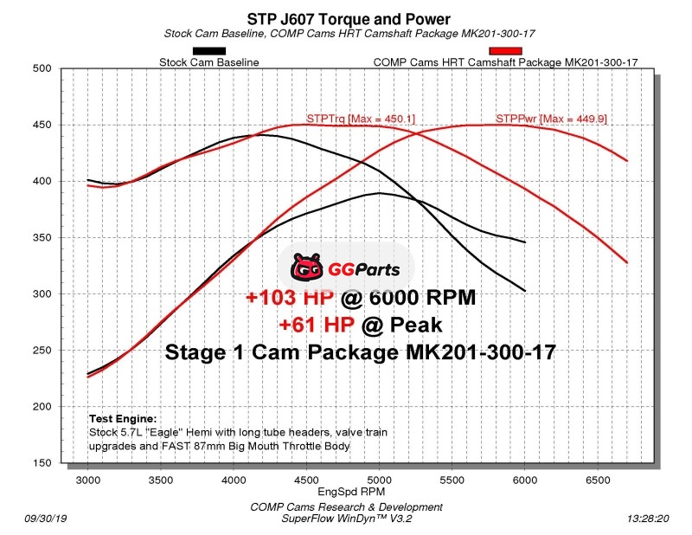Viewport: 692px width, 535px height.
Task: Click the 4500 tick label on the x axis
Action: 306,478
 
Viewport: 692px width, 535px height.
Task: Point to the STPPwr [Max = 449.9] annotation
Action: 543,118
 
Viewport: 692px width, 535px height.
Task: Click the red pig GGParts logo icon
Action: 309,269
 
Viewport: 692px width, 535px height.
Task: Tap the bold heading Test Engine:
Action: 122,417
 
